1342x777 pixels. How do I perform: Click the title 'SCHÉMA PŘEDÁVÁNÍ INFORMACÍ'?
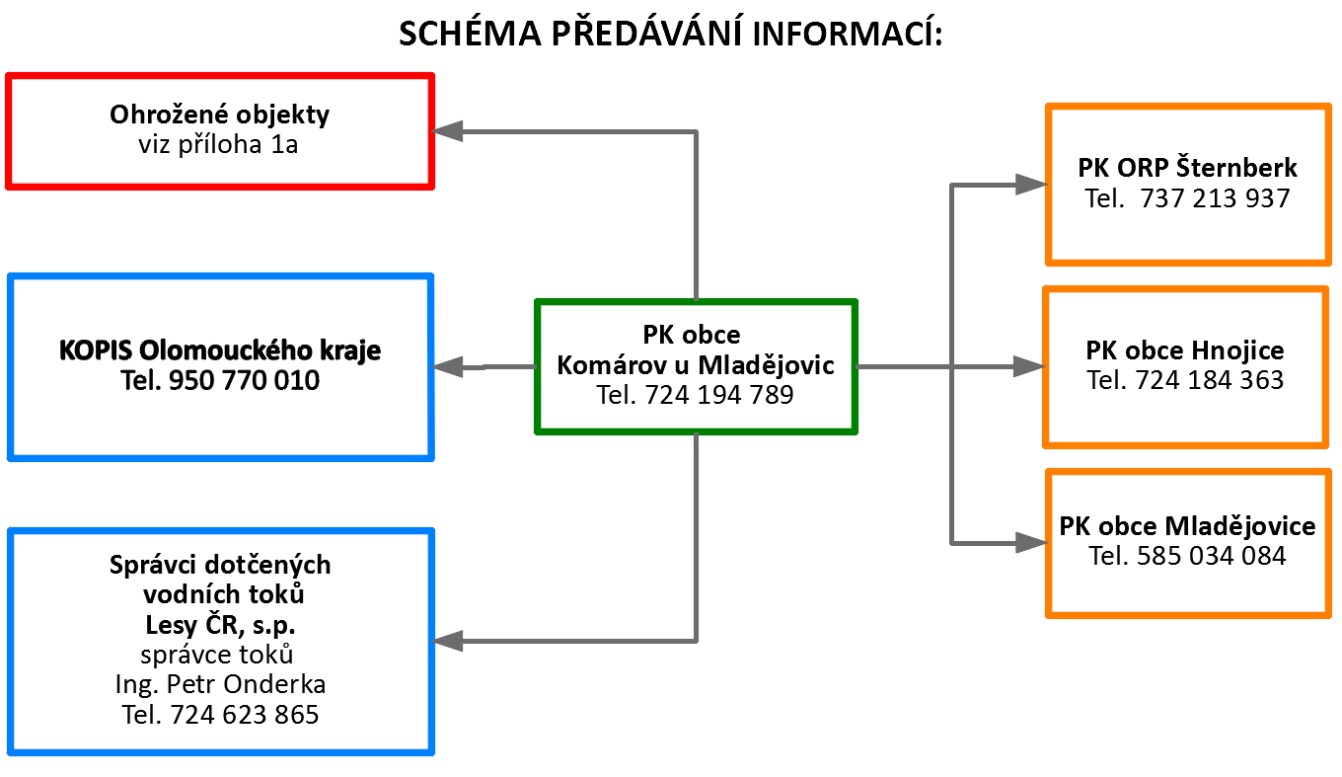click(670, 33)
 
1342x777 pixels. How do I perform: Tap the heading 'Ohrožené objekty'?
click(219, 115)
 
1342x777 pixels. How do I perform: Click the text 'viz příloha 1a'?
click(218, 144)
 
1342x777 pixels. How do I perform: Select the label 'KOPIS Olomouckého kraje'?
click(220, 350)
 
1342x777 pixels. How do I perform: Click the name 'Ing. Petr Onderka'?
click(220, 684)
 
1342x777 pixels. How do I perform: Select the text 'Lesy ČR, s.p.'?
click(220, 625)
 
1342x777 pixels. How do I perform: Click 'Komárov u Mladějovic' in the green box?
click(696, 364)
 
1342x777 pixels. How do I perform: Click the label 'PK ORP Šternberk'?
click(1187, 167)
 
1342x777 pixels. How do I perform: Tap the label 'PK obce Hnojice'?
click(1185, 350)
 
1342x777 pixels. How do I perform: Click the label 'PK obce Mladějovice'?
click(1187, 526)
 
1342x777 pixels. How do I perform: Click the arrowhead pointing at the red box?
click(447, 130)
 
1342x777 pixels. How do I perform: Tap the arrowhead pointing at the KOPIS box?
click(447, 367)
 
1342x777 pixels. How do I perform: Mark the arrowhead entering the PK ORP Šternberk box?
click(1031, 185)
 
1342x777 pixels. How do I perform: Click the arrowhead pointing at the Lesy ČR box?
click(447, 641)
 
